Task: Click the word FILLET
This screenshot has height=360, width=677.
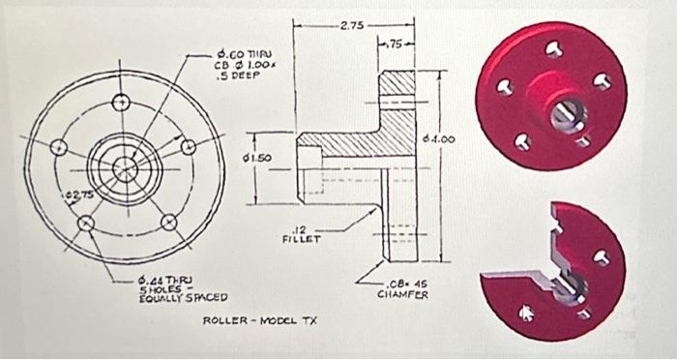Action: click(299, 236)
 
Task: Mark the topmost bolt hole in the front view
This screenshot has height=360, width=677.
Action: click(120, 104)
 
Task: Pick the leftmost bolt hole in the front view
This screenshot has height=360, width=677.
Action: click(60, 147)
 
